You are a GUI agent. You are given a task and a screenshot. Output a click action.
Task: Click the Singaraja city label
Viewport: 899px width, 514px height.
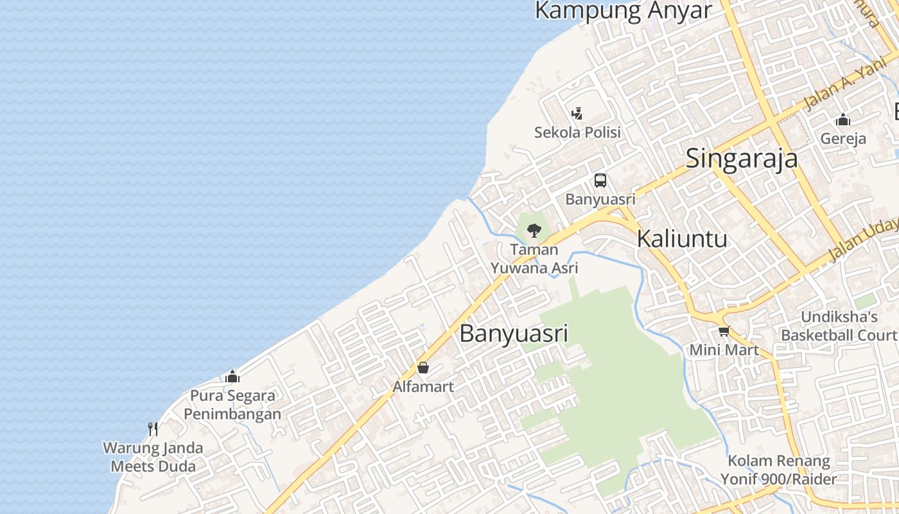coord(742,159)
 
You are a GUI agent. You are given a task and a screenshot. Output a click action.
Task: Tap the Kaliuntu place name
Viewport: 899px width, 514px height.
coord(682,239)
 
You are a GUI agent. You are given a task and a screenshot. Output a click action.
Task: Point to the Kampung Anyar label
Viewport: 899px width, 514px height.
coord(623,11)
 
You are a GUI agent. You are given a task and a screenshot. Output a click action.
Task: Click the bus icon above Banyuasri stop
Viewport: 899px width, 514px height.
coord(600,181)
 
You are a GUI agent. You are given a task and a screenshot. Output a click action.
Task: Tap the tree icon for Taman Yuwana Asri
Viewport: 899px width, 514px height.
coord(534,230)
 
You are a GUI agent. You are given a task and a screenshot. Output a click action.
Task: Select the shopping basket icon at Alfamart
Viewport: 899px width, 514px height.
coord(423,368)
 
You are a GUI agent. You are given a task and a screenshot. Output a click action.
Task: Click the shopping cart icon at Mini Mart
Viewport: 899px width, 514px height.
coord(724,332)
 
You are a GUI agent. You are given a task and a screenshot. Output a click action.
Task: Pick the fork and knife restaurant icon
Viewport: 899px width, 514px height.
coord(153,429)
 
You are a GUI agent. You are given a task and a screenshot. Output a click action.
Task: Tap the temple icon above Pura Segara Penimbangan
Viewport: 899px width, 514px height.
coord(232,377)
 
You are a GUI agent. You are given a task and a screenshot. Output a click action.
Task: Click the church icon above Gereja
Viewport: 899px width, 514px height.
coord(843,120)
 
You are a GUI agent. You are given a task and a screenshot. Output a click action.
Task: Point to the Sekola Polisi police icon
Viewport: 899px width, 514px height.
coord(577,114)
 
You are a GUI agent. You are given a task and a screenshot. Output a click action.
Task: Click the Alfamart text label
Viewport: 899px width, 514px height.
coord(423,387)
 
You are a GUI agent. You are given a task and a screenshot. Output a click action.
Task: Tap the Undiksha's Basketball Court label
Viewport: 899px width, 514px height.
coord(839,326)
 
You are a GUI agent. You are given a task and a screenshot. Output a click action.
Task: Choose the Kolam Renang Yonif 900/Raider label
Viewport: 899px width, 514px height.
coord(779,470)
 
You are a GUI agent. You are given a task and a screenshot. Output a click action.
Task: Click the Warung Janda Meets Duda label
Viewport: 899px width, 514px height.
coord(153,457)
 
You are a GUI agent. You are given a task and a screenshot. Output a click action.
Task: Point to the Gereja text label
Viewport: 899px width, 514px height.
coord(843,139)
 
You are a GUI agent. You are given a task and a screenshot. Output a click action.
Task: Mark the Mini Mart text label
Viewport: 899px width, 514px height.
coord(724,350)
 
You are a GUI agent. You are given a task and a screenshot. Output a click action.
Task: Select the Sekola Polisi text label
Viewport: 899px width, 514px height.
coord(577,132)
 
